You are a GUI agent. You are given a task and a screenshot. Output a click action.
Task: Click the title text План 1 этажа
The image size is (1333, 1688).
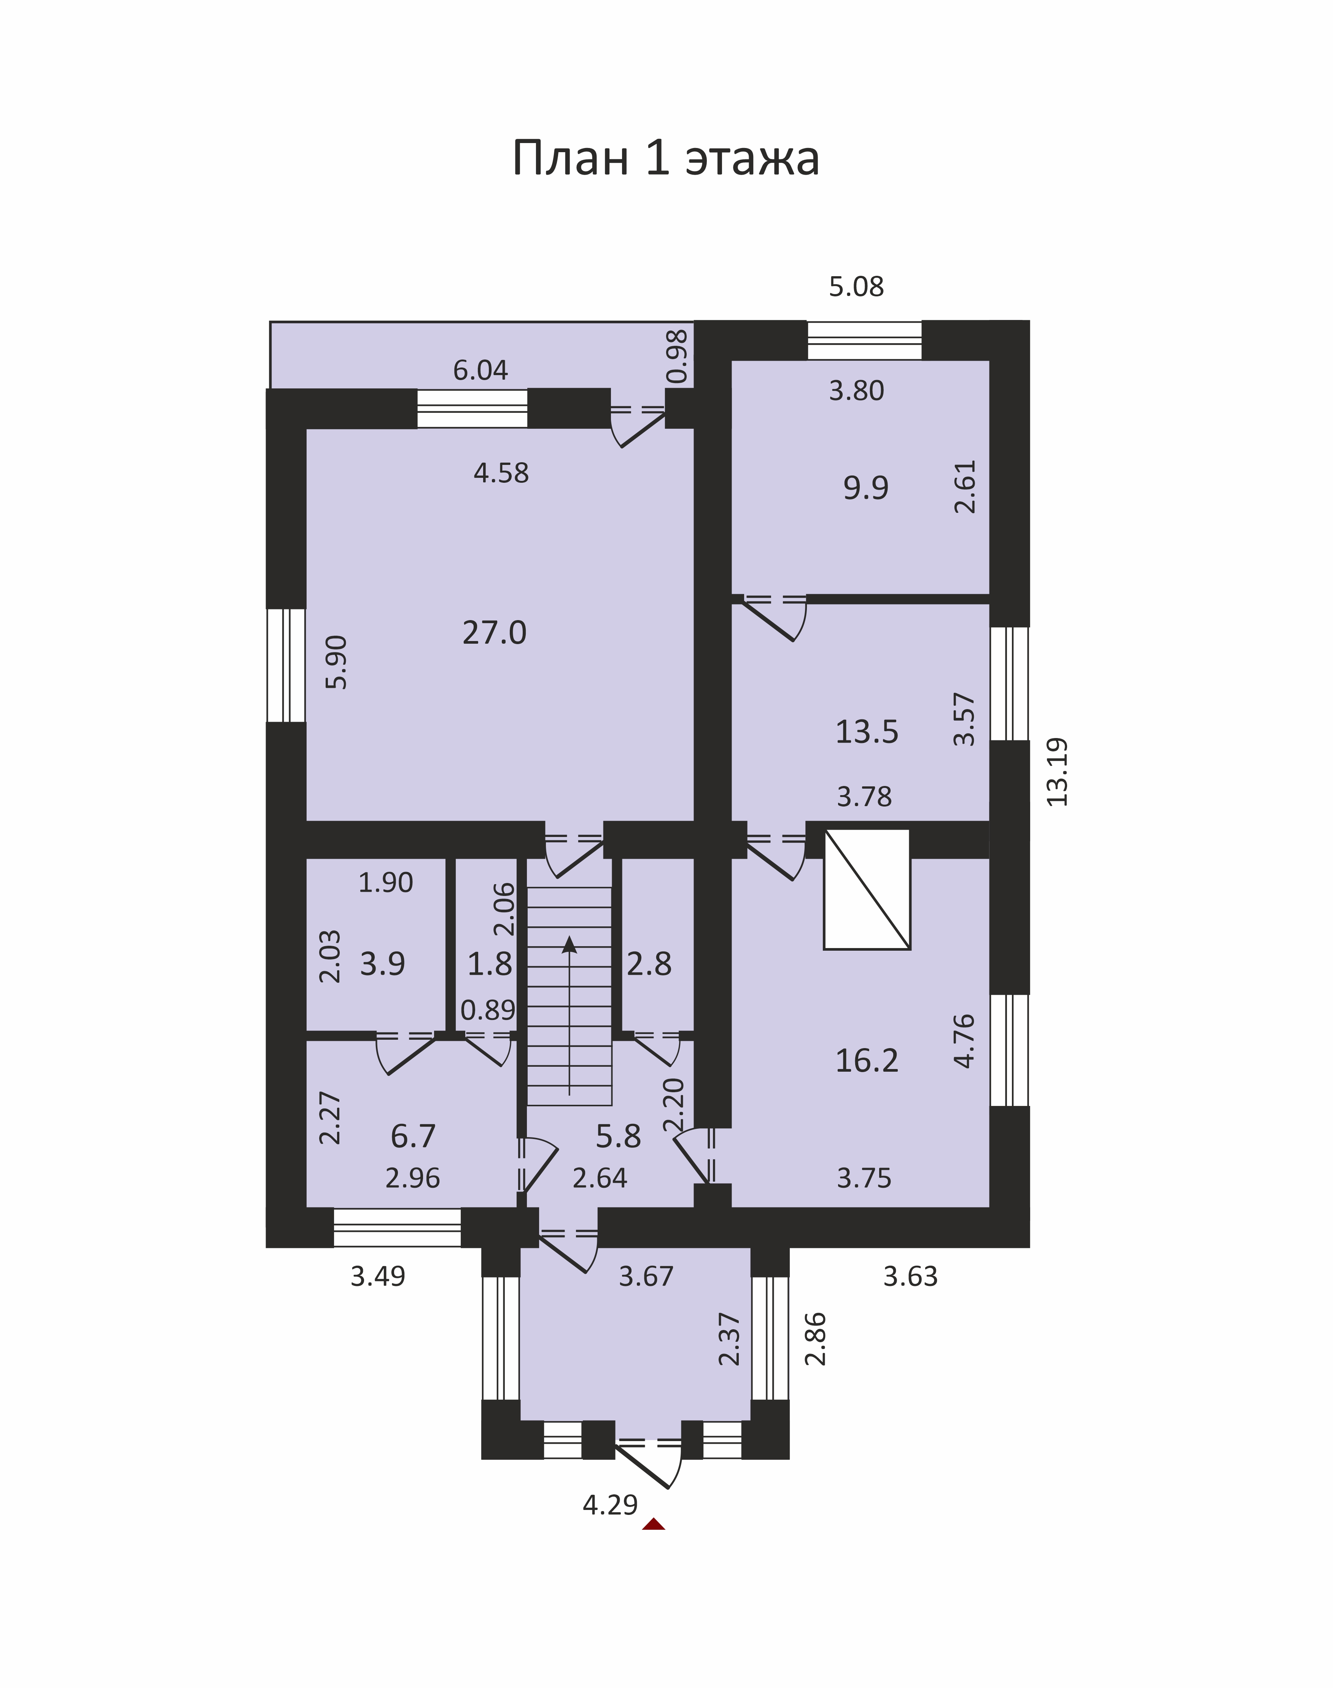pyautogui.click(x=666, y=158)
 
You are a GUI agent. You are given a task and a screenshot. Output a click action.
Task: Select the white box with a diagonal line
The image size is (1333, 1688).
pyautogui.click(x=867, y=889)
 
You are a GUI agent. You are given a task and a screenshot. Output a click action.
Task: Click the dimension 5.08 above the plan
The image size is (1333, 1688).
pyautogui.click(x=856, y=287)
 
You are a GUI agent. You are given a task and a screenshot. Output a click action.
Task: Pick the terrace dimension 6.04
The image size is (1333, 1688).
pyautogui.click(x=481, y=370)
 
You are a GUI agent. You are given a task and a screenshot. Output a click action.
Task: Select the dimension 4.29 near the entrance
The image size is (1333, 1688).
pyautogui.click(x=610, y=1505)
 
